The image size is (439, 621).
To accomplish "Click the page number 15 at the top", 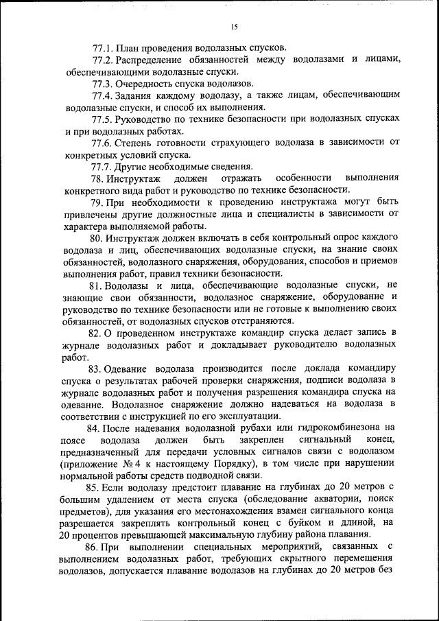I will (234, 27).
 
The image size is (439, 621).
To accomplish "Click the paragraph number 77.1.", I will (102, 48).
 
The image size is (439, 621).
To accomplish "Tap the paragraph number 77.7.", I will (102, 166).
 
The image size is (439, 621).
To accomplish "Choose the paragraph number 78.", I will (98, 178).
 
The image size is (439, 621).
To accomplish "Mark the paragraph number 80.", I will (97, 237).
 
